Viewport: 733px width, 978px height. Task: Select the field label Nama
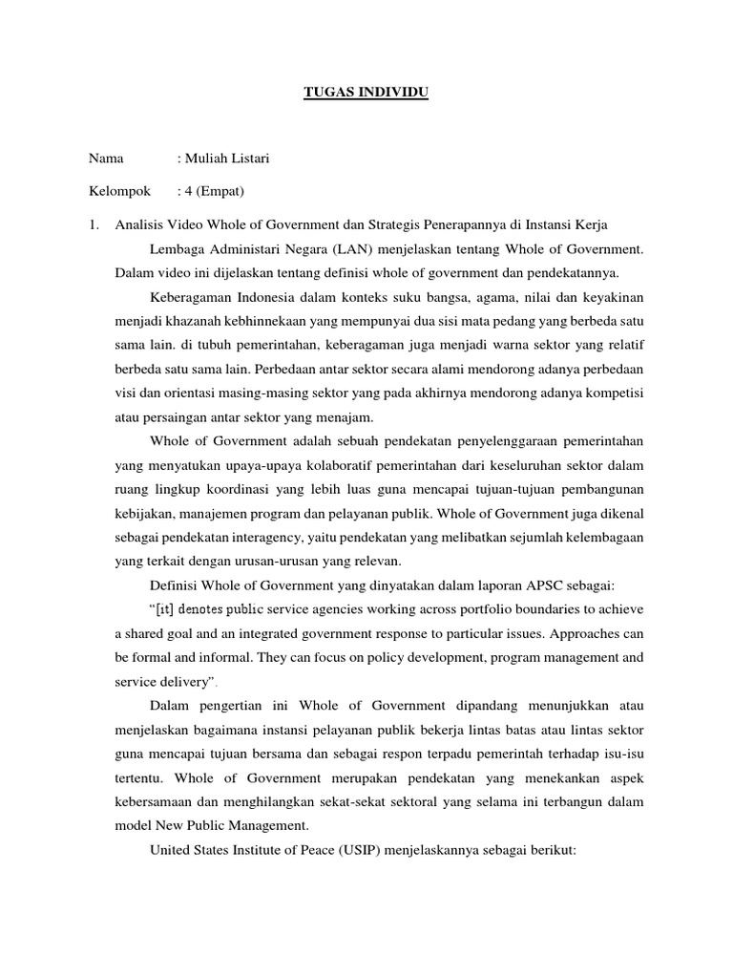tap(107, 159)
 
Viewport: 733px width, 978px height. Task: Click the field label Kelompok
tap(119, 191)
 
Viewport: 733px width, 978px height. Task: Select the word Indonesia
tap(253, 299)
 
